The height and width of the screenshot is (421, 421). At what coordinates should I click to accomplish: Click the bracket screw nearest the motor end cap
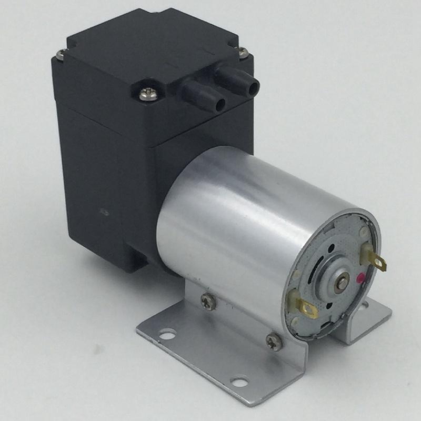point(274,340)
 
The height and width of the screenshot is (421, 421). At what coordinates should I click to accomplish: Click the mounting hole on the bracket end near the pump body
point(167,333)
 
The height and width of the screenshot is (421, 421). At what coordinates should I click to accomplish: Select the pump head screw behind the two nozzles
point(243,51)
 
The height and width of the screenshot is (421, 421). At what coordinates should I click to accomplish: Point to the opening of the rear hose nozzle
point(254,84)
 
